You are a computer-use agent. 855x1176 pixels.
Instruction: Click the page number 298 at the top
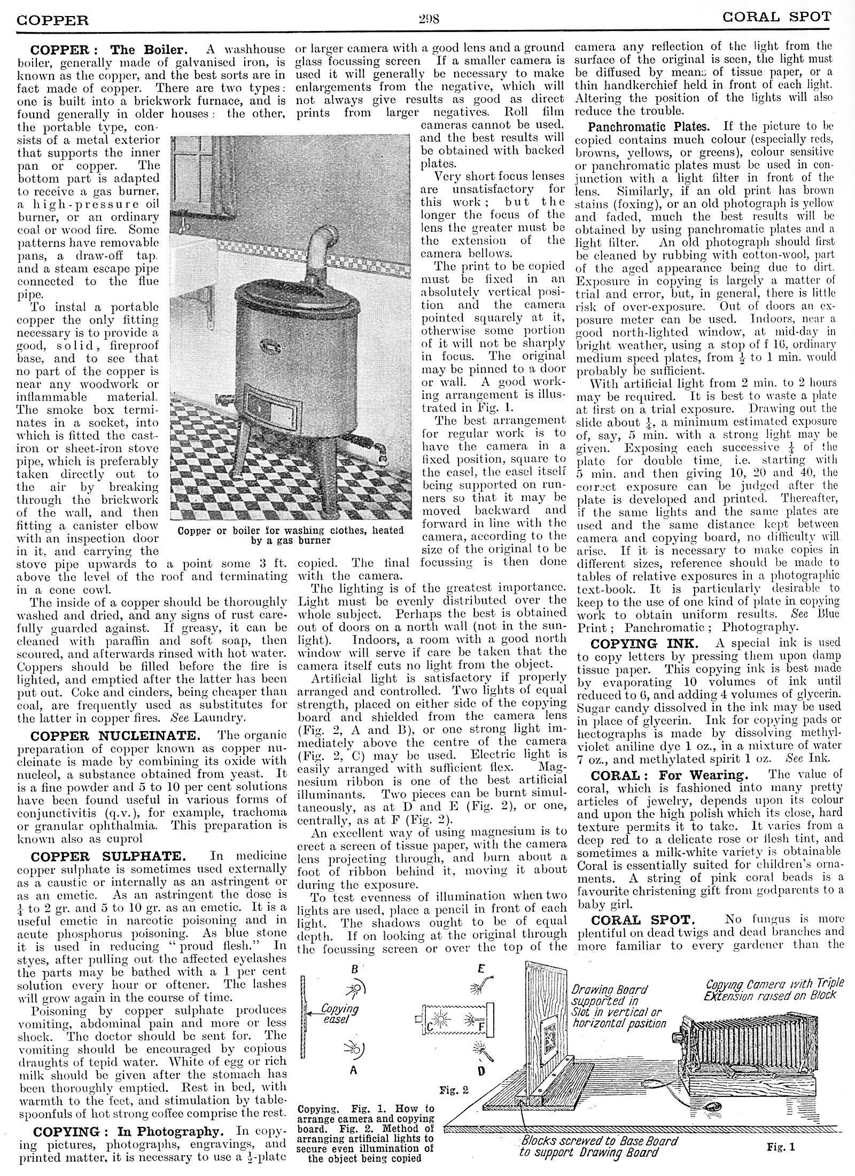tap(428, 20)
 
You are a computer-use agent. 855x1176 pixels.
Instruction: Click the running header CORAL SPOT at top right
tap(776, 17)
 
